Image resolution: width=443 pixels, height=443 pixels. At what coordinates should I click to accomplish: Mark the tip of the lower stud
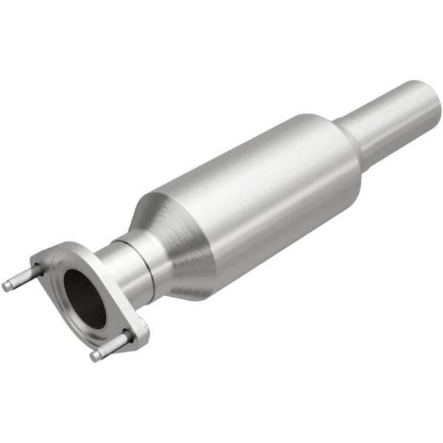coord(95,356)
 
